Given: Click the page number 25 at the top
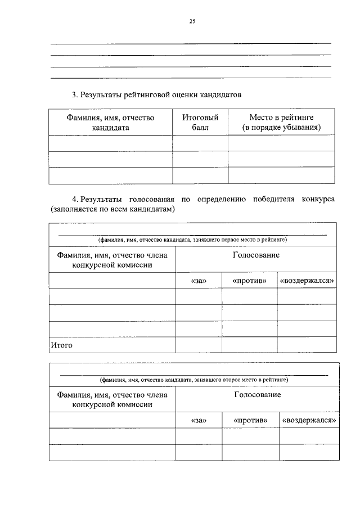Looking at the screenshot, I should pyautogui.click(x=192, y=21).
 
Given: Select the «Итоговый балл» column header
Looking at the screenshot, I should pyautogui.click(x=200, y=123).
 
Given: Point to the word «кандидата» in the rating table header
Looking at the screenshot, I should pyautogui.click(x=110, y=128).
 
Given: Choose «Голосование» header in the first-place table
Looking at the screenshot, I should pyautogui.click(x=256, y=255).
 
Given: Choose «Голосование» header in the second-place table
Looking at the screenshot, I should pyautogui.click(x=257, y=395).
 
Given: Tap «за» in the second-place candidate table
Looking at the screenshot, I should pyautogui.click(x=199, y=420).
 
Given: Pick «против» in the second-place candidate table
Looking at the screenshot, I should pyautogui.click(x=250, y=420).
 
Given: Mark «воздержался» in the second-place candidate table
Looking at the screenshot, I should pyautogui.click(x=309, y=420).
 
